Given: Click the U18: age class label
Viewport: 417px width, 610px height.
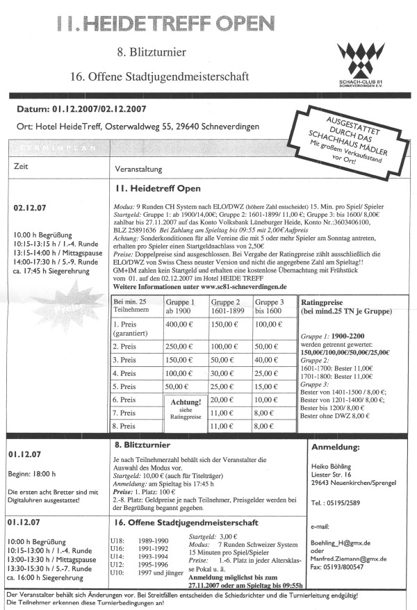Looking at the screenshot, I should [x=117, y=538].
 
